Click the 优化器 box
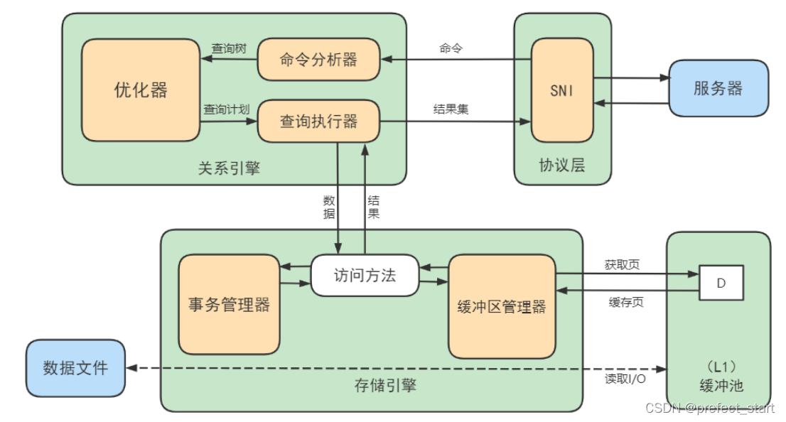(141, 90)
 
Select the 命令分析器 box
(318, 60)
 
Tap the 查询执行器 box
(318, 121)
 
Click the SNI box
(562, 90)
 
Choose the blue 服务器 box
(718, 88)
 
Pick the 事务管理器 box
(229, 305)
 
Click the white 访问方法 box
(365, 276)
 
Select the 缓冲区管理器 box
(502, 306)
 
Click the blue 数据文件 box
(75, 368)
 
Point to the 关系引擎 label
(229, 168)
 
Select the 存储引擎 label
(385, 386)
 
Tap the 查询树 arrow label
(229, 49)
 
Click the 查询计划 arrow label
(225, 109)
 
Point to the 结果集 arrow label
(451, 109)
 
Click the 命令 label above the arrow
(451, 48)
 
